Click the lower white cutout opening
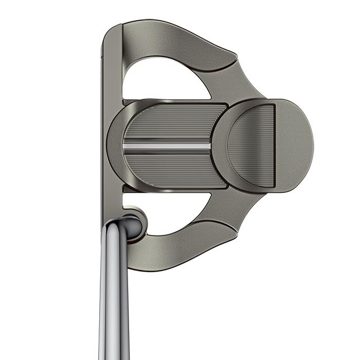[175, 211]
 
